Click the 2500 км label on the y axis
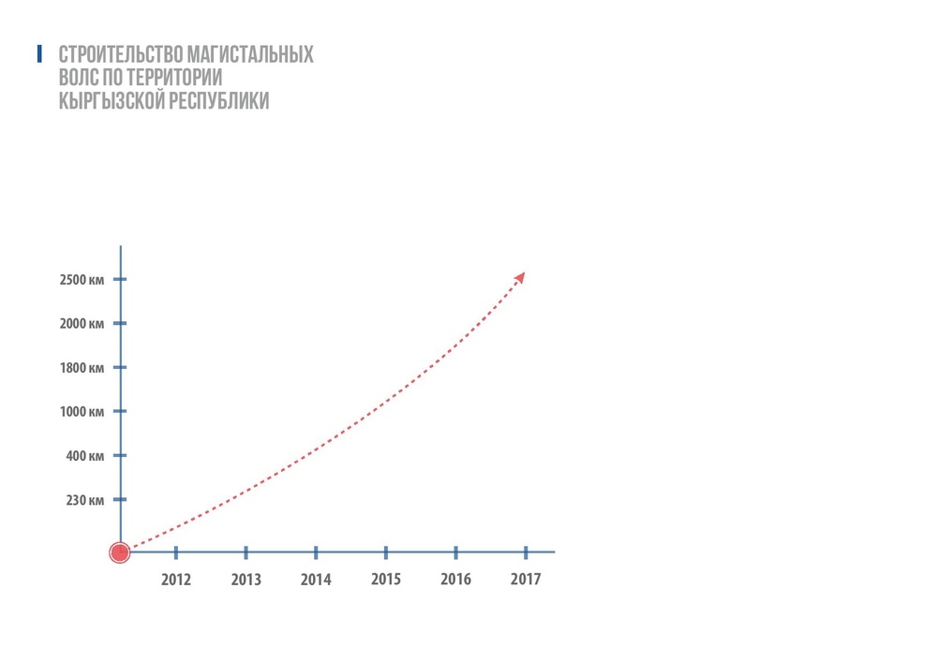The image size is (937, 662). [83, 280]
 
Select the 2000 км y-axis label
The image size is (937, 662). [83, 324]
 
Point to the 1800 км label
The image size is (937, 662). [83, 368]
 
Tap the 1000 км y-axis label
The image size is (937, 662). [83, 412]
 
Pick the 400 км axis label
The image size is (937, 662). [86, 456]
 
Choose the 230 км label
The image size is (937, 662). [86, 500]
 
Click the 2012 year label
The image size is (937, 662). [176, 580]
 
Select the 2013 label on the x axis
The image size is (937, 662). [245, 580]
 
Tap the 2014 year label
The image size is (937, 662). [316, 580]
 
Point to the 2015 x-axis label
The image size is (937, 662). [386, 580]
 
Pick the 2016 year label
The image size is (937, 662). [455, 580]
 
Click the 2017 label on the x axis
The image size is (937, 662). [526, 580]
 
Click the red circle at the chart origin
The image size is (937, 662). [119, 552]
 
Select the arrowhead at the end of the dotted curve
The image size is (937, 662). [520, 276]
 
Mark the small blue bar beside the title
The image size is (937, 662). [39, 53]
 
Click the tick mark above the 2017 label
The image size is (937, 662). [526, 552]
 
